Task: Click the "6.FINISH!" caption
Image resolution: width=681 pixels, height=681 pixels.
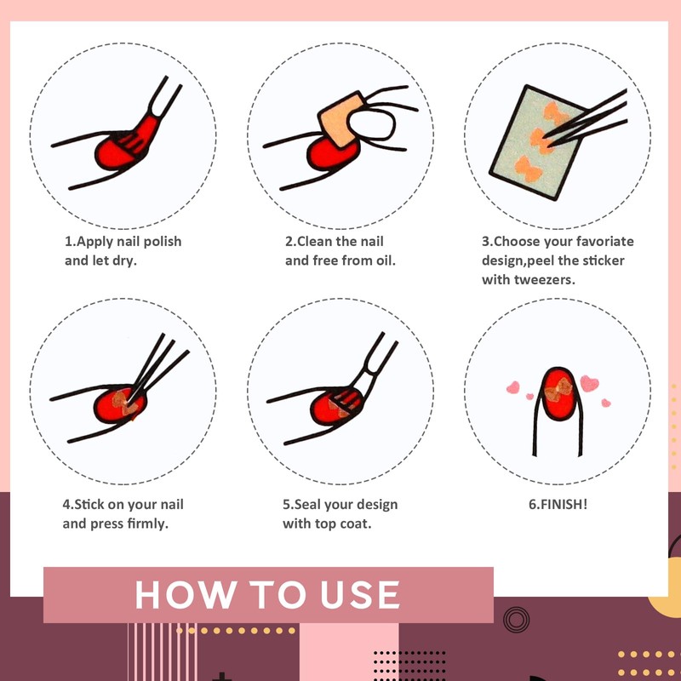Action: (x=558, y=505)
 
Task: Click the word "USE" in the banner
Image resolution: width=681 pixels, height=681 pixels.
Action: (x=360, y=594)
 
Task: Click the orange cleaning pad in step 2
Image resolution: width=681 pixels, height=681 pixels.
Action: (x=342, y=119)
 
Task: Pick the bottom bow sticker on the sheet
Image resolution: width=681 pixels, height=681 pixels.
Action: (x=528, y=169)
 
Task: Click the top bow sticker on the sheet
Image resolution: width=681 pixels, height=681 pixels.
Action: (x=556, y=113)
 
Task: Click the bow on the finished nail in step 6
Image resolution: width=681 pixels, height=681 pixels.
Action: (x=558, y=389)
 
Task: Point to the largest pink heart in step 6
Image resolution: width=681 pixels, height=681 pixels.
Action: (x=589, y=384)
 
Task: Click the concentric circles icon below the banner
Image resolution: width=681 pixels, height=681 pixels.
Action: (x=516, y=620)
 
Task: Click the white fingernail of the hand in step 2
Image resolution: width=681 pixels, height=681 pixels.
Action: (x=372, y=124)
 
